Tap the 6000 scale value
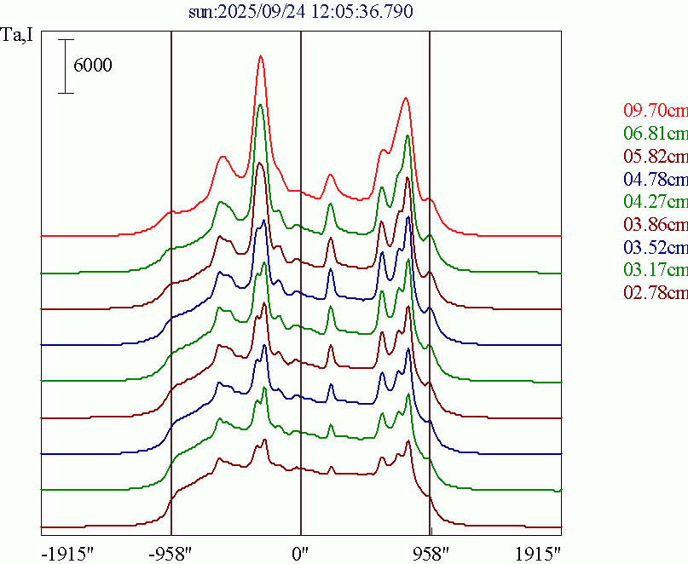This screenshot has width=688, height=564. [x=92, y=66]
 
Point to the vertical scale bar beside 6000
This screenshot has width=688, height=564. [x=66, y=66]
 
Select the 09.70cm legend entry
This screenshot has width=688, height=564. [x=655, y=110]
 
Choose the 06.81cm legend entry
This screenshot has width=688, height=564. [x=655, y=133]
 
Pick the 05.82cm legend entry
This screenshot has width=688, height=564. [x=655, y=156]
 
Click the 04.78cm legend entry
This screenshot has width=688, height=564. [x=655, y=179]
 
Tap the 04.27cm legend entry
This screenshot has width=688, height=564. [x=655, y=202]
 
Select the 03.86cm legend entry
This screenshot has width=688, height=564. [x=655, y=225]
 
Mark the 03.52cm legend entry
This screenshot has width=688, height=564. [x=655, y=248]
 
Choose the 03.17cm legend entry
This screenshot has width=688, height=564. [x=655, y=271]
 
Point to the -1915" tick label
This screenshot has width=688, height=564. [x=67, y=552]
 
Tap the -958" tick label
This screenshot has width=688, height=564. [x=171, y=552]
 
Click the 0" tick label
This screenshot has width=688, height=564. [x=301, y=552]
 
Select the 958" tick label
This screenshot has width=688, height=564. [x=430, y=552]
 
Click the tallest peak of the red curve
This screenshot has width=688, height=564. [x=260, y=57]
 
